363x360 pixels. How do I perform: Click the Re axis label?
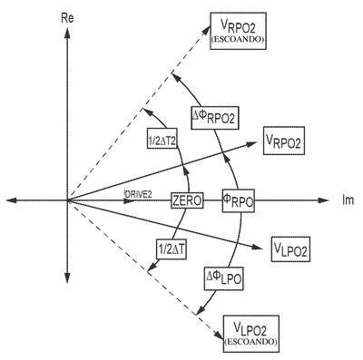(x=67, y=19)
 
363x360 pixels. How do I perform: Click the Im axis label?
(x=348, y=200)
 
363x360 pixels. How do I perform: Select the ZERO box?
(x=187, y=200)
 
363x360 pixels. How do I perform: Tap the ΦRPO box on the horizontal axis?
(x=238, y=200)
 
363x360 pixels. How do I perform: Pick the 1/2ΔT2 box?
(x=162, y=139)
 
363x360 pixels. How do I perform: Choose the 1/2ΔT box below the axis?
(x=172, y=248)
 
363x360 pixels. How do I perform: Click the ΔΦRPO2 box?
(x=215, y=118)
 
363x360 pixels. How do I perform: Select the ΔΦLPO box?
(x=224, y=278)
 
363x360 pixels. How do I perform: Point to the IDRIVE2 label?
(x=138, y=194)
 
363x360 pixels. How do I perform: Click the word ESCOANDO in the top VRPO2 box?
(x=238, y=40)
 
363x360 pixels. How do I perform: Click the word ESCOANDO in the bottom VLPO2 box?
(x=250, y=342)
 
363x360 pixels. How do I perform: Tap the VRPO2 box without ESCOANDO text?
(x=284, y=141)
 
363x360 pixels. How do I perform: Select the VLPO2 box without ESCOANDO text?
(x=291, y=249)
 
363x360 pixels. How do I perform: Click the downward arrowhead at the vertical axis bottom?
(x=67, y=277)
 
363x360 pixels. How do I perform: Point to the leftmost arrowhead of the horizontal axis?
(x=11, y=200)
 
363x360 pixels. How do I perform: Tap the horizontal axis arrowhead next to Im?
(x=324, y=200)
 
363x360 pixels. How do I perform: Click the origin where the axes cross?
(x=67, y=200)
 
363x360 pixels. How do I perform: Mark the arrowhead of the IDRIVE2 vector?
(x=129, y=200)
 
